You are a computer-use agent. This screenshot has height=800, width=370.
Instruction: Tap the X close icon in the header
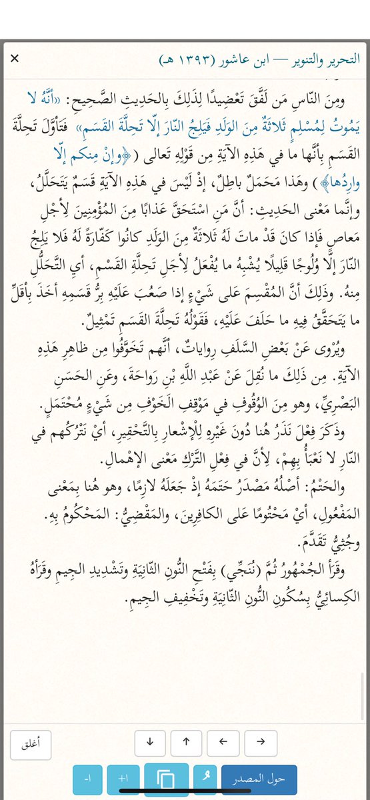[14, 59]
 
